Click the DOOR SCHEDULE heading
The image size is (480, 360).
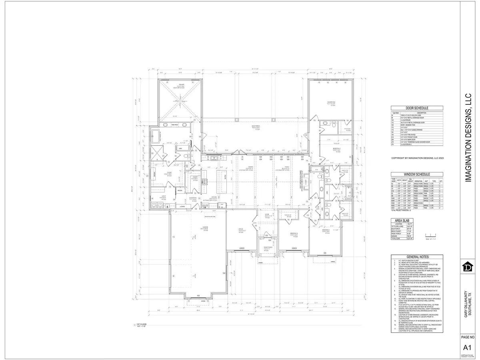pyautogui.click(x=417, y=108)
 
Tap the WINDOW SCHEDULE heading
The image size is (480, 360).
pyautogui.click(x=417, y=174)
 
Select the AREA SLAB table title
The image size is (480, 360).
pyautogui.click(x=403, y=220)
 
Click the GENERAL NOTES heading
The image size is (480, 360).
pyautogui.click(x=417, y=256)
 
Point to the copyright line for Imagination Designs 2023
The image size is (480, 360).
pyautogui.click(x=417, y=159)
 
